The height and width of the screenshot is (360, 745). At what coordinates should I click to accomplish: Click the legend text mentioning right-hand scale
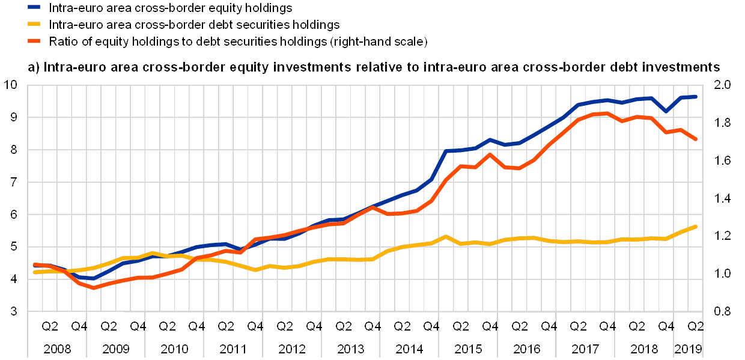240,41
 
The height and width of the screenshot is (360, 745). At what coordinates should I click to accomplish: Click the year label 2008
57,349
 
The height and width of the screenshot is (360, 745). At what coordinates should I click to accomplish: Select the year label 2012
292,349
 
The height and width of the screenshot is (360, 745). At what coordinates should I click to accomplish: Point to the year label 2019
689,349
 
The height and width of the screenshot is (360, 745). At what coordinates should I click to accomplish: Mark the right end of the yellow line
696,226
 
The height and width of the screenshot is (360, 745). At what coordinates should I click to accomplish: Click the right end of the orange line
696,139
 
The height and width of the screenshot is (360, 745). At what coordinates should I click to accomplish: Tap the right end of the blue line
696,96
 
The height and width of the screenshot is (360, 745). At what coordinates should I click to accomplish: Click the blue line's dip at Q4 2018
666,111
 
